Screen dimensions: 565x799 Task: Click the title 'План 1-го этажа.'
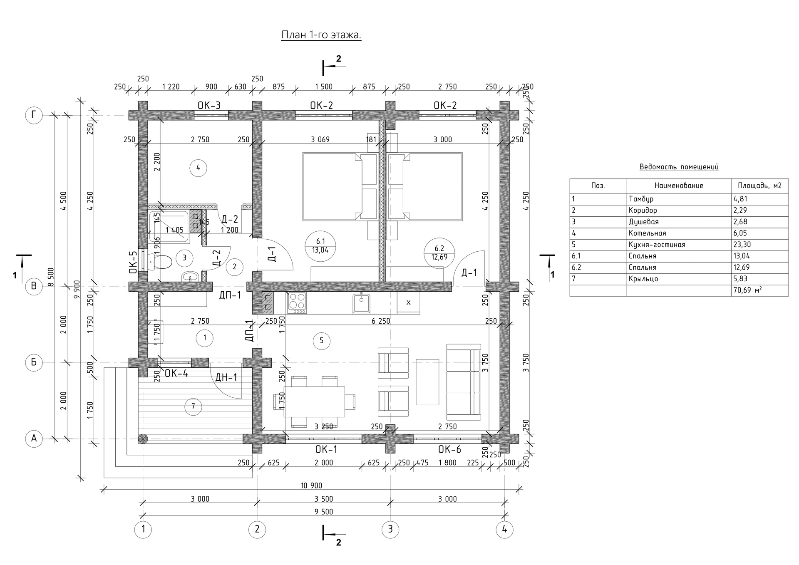pyautogui.click(x=321, y=35)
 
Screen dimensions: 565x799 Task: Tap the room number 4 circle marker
pyautogui.click(x=198, y=168)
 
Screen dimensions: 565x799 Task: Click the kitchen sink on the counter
pyautogui.click(x=361, y=303)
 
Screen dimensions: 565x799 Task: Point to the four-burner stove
pyautogui.click(x=297, y=303)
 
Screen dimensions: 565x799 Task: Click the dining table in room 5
pyautogui.click(x=314, y=401)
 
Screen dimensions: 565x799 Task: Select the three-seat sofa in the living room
pyautogui.click(x=463, y=382)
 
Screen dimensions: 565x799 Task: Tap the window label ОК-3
pyautogui.click(x=209, y=106)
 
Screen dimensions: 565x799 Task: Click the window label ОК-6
pyautogui.click(x=449, y=450)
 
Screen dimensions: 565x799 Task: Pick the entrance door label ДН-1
pyautogui.click(x=226, y=377)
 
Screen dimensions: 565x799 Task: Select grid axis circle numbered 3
pyautogui.click(x=390, y=530)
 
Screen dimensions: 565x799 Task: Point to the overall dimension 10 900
pyautogui.click(x=311, y=486)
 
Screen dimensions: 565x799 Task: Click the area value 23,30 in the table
pyautogui.click(x=742, y=245)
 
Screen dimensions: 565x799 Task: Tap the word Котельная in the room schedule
pyautogui.click(x=648, y=233)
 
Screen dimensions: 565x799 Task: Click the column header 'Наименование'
pyautogui.click(x=679, y=186)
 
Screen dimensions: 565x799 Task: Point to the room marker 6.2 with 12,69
pyautogui.click(x=439, y=253)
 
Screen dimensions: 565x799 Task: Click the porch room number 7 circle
pyautogui.click(x=193, y=406)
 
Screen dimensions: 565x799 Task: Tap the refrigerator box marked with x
pyautogui.click(x=408, y=303)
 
